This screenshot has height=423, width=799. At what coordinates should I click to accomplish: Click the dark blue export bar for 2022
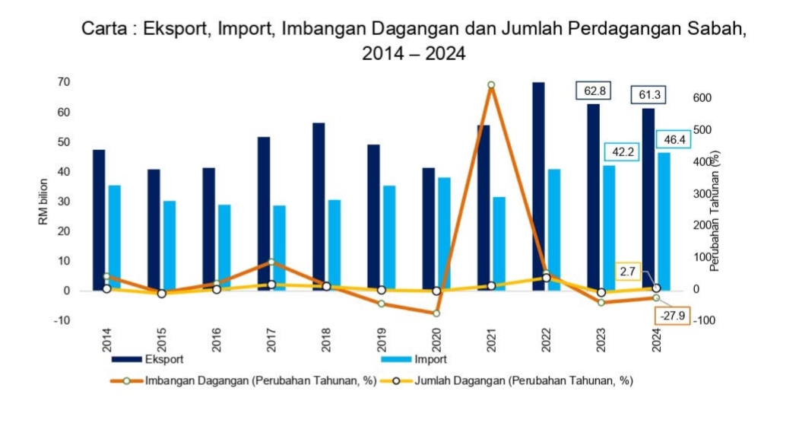(538, 186)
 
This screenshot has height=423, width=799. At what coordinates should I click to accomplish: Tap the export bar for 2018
(319, 206)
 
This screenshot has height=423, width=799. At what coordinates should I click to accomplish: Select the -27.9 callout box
(671, 315)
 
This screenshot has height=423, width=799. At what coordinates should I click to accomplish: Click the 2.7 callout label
(629, 270)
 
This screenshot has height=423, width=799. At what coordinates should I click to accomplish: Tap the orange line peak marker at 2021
(491, 85)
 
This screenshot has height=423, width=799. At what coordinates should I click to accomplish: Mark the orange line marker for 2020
(436, 313)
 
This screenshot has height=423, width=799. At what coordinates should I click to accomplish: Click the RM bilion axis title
(43, 201)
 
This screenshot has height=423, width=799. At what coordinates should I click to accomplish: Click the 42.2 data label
(620, 151)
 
